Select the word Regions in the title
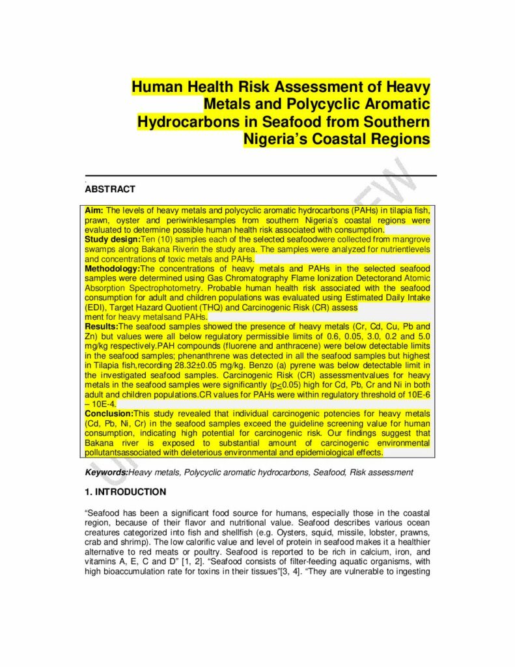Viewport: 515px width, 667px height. click(398, 139)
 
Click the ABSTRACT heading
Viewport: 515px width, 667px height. click(110, 190)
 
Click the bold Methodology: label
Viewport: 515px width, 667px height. click(113, 268)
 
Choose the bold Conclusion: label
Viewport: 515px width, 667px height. click(109, 413)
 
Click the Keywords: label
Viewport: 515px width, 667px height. click(107, 472)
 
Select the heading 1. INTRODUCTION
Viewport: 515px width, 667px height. click(126, 492)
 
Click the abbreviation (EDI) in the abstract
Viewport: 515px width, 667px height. click(96, 306)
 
